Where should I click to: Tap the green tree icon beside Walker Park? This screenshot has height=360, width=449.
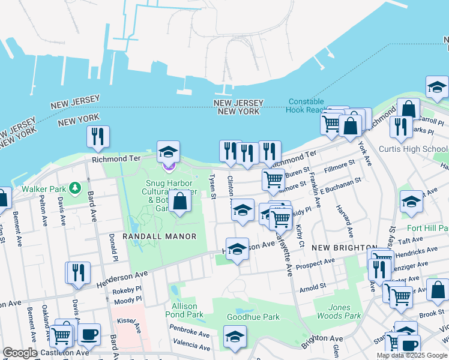tap(74, 188)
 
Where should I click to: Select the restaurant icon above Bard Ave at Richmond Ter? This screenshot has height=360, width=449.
tap(97, 137)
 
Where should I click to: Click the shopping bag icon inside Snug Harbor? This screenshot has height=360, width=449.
tap(179, 202)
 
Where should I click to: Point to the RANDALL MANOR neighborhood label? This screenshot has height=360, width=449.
tap(159, 236)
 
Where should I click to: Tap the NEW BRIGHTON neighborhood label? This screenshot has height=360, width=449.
tap(338, 247)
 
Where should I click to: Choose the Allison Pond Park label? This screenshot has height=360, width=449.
tap(184, 310)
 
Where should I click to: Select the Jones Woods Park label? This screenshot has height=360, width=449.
tap(339, 311)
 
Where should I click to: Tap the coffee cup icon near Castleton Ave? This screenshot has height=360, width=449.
tap(89, 335)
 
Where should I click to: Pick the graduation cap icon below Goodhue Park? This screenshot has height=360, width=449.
tap(235, 337)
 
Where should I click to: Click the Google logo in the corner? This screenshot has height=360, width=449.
tap(20, 353)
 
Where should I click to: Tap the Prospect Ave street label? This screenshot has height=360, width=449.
tap(318, 262)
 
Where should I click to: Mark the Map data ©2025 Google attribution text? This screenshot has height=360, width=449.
tap(411, 355)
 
